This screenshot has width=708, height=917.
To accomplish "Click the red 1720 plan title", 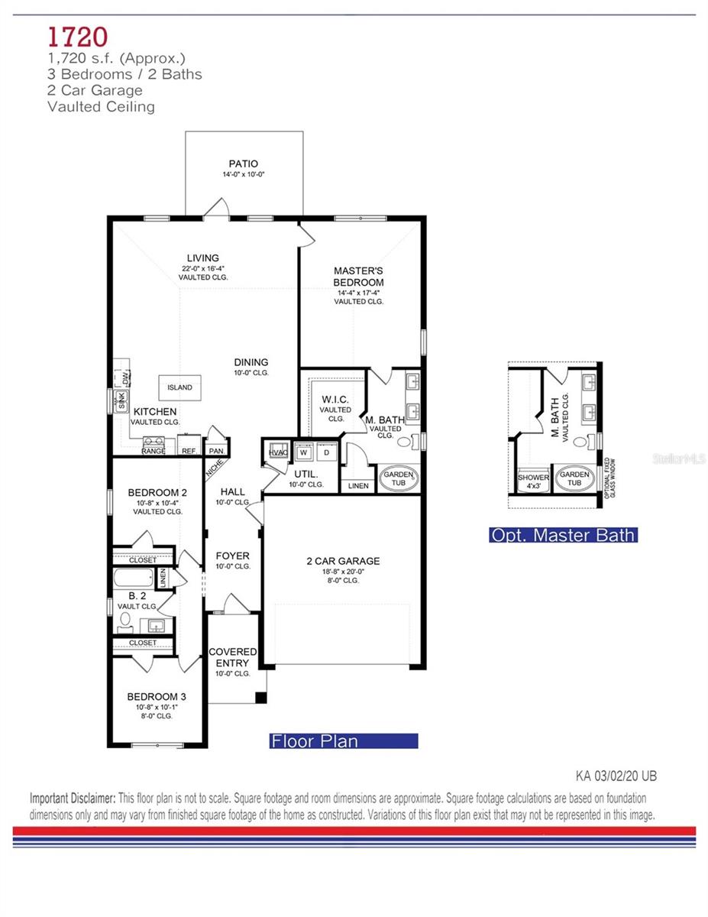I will pos(77,36).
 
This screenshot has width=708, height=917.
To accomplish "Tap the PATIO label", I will pos(243,164).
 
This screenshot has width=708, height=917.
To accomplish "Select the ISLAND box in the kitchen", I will pos(180,387).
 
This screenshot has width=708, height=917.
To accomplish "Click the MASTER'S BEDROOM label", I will pos(358,277).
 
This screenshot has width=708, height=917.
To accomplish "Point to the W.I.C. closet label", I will pos(335,400).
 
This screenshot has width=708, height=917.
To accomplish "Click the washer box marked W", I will pos(303,452).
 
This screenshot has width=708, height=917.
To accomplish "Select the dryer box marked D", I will pos(326,452).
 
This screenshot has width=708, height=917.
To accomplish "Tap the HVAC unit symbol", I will pos(276,452).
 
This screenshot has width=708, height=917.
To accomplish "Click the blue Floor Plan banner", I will pos(344,740).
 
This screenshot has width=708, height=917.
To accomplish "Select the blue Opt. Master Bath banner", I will pos(563,535).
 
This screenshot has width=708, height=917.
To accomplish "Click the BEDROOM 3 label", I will pos(157,697).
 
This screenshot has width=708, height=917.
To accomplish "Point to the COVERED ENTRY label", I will pos(233,657).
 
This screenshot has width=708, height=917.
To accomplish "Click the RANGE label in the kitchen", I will pos(154,451).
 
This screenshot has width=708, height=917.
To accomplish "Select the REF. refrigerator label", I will pos(189,451).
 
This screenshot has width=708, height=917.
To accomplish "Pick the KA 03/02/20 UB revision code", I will pos(616,776).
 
